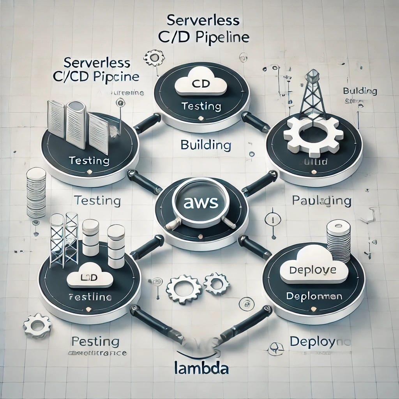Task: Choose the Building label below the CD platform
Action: coord(206,145)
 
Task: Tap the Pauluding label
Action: coord(321,201)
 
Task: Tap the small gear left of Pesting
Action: coord(37,325)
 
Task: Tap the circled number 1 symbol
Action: coord(272,219)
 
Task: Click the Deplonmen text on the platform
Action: coord(314,296)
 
